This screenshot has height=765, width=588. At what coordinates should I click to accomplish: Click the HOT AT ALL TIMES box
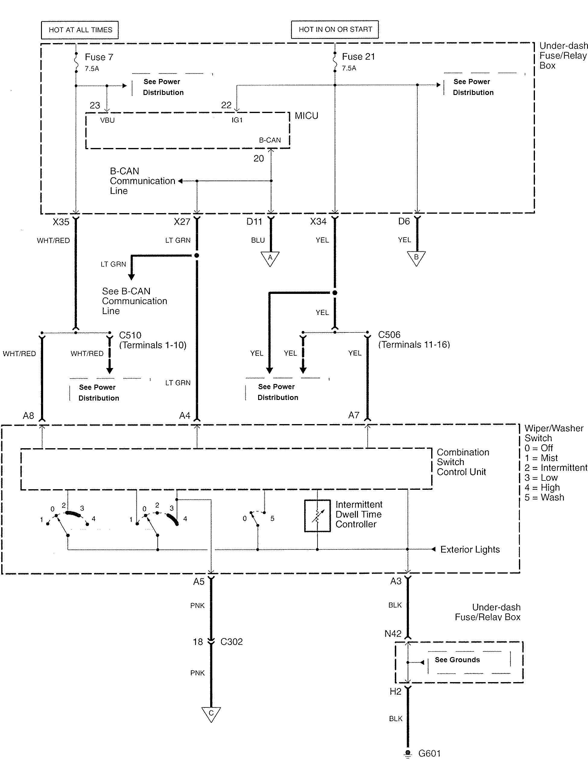pyautogui.click(x=80, y=30)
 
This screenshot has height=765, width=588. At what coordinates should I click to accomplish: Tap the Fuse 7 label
pyautogui.click(x=99, y=57)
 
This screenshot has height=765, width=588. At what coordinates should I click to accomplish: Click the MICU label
pyautogui.click(x=306, y=116)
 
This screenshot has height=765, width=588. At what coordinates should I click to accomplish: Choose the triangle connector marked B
pyautogui.click(x=416, y=258)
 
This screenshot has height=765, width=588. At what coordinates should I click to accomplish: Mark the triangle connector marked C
pyautogui.click(x=211, y=713)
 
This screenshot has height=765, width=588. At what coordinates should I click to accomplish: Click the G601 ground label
pyautogui.click(x=429, y=753)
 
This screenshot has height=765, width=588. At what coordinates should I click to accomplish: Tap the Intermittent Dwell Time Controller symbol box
pyautogui.click(x=317, y=516)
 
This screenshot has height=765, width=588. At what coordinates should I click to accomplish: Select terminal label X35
pyautogui.click(x=61, y=222)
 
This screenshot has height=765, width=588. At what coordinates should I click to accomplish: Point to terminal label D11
pyautogui.click(x=254, y=222)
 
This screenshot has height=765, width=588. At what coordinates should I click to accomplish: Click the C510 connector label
pyautogui.click(x=130, y=335)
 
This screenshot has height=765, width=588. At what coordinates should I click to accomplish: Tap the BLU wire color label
pyautogui.click(x=258, y=240)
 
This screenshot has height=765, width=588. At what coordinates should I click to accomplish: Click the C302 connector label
pyautogui.click(x=231, y=641)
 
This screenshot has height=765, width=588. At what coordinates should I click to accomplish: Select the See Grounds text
pyautogui.click(x=457, y=660)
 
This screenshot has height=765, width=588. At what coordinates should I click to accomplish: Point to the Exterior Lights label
pyautogui.click(x=470, y=549)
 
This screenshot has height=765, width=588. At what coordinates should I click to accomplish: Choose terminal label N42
pyautogui.click(x=393, y=634)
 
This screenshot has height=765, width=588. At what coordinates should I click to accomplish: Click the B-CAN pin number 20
pyautogui.click(x=259, y=159)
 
